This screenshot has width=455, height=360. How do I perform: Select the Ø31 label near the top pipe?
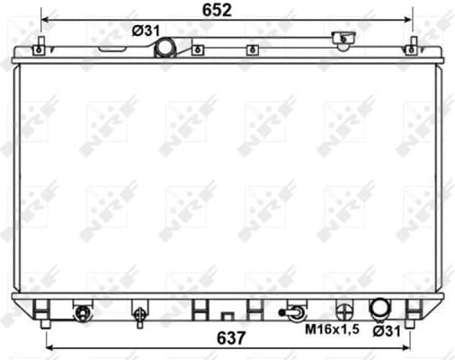click(145, 30)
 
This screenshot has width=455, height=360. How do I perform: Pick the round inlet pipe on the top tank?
click(166, 46)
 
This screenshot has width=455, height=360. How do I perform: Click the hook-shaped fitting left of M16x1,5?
click(293, 312)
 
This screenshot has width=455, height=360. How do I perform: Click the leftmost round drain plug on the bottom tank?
click(83, 313)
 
